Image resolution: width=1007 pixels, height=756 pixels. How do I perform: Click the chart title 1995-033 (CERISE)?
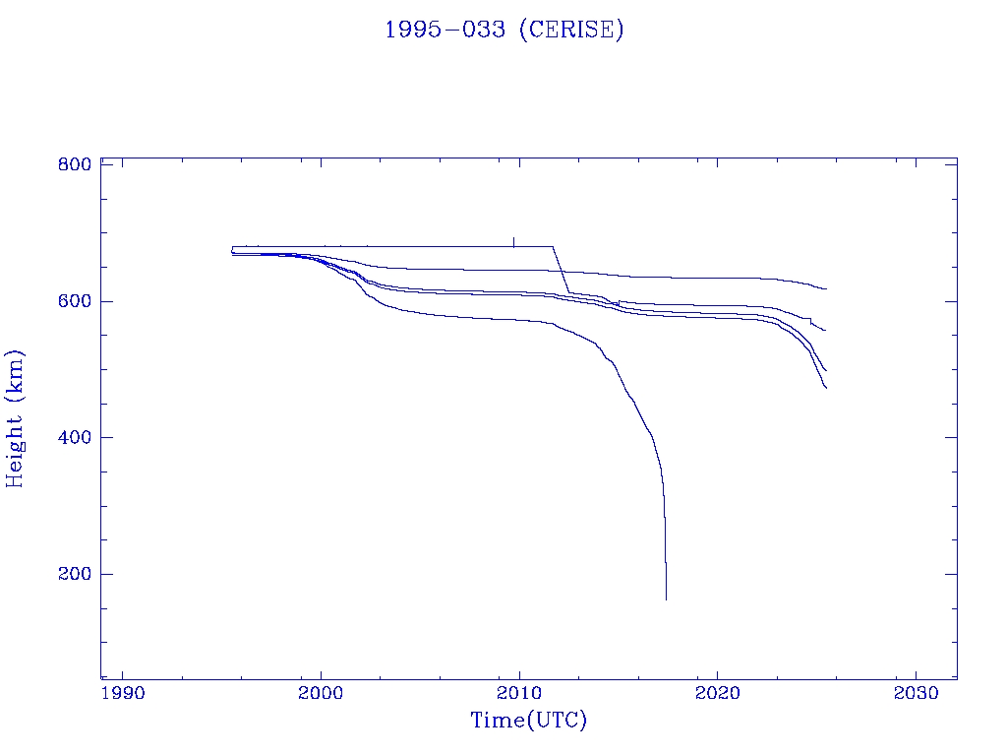(x=503, y=30)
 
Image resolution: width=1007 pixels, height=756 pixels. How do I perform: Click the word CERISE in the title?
(x=570, y=30)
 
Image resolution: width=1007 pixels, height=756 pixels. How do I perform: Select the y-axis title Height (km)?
(x=16, y=418)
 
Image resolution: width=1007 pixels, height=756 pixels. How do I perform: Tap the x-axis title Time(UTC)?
(x=529, y=721)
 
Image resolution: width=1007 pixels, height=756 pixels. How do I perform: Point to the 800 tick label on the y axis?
(x=75, y=164)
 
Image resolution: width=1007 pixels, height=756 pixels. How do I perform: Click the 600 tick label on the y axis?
(x=75, y=301)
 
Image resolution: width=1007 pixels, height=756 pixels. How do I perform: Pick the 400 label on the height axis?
(x=75, y=437)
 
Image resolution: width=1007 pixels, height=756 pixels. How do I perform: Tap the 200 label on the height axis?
(x=75, y=574)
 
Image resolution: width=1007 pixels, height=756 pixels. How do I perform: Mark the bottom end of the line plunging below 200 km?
(x=666, y=598)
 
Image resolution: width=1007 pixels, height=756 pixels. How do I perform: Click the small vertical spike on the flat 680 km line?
(x=513, y=241)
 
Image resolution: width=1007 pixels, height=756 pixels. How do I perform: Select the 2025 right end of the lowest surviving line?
(x=826, y=388)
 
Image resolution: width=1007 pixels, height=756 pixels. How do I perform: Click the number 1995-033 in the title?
(x=445, y=30)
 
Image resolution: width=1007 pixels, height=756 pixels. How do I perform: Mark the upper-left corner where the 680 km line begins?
(x=232, y=246)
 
